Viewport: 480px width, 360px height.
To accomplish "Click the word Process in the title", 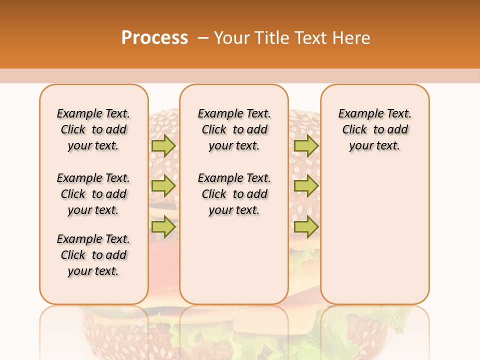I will pyautogui.click(x=154, y=37).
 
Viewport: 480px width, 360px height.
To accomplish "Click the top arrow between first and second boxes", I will pyautogui.click(x=163, y=145).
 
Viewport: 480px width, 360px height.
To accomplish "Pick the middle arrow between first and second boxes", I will pyautogui.click(x=163, y=186).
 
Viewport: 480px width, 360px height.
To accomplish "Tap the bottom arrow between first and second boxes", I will pyautogui.click(x=163, y=227).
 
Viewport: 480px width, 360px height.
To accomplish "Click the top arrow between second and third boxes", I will pyautogui.click(x=306, y=145).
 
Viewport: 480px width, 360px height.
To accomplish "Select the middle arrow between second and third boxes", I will pyautogui.click(x=306, y=186).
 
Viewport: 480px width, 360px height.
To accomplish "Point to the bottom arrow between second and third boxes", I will pyautogui.click(x=306, y=227).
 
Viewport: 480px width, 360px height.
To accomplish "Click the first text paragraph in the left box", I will pyautogui.click(x=93, y=129).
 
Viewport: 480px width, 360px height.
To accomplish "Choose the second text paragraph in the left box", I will pyautogui.click(x=93, y=194).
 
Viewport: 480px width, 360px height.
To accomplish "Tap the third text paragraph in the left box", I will pyautogui.click(x=93, y=255).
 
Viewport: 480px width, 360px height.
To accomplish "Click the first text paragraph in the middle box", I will pyautogui.click(x=234, y=129).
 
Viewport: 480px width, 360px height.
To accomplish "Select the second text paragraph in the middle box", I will pyautogui.click(x=234, y=194).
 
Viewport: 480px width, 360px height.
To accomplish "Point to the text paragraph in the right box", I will pyautogui.click(x=375, y=129).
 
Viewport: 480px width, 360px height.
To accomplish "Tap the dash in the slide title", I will pyautogui.click(x=203, y=38).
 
